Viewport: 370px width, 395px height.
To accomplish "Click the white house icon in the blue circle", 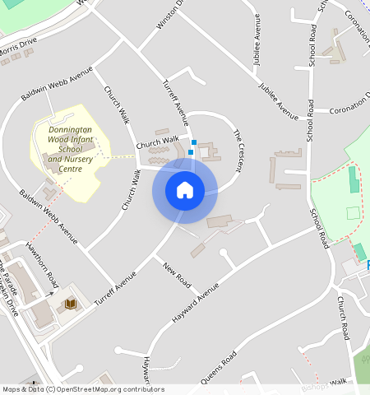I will click(x=185, y=191).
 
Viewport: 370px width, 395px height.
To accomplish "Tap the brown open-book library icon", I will click(x=70, y=304).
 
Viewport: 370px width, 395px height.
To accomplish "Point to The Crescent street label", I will click(x=238, y=151).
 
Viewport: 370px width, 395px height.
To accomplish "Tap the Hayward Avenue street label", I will click(x=195, y=300).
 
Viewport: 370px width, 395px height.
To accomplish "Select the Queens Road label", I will click(x=217, y=368).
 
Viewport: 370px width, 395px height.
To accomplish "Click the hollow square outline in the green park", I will click(x=353, y=213).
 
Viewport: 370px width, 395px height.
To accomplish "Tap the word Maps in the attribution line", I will click(x=12, y=389).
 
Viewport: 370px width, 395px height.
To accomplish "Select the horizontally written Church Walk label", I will click(x=157, y=141).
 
